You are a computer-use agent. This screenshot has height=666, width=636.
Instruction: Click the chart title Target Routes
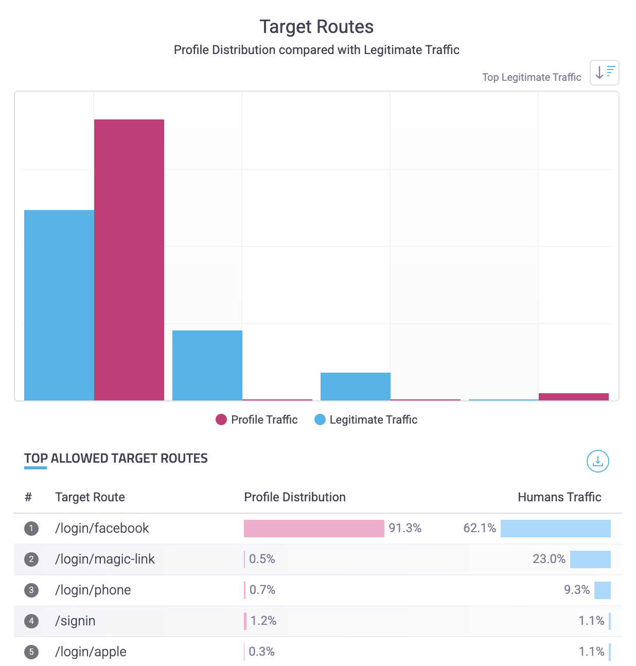click(316, 27)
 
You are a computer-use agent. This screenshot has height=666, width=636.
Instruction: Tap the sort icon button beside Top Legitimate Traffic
click(604, 73)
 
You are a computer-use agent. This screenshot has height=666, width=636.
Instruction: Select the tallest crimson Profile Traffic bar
click(129, 259)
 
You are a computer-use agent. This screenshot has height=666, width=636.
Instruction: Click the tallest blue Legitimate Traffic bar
click(59, 305)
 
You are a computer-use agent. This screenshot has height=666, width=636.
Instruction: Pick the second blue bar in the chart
click(207, 365)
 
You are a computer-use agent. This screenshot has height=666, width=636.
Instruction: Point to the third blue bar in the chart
click(356, 386)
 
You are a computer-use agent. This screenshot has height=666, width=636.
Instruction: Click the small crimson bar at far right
click(574, 396)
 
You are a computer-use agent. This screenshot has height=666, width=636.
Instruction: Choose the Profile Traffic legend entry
click(257, 419)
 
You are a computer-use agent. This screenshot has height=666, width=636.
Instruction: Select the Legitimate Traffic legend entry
click(366, 419)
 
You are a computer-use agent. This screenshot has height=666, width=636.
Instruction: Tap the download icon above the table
click(597, 461)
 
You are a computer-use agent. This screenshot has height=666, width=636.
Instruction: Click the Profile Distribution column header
click(295, 497)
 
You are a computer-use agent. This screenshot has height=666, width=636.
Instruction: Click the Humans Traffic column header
click(559, 497)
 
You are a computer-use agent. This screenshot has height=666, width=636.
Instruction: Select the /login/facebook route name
click(102, 528)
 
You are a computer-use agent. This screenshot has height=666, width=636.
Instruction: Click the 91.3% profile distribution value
click(405, 528)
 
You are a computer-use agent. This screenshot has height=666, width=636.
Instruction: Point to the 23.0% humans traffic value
click(549, 559)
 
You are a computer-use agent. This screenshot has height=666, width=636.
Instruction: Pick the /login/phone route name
click(93, 590)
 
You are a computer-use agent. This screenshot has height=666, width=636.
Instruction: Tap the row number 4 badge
click(31, 621)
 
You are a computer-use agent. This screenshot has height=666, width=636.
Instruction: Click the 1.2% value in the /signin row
click(263, 621)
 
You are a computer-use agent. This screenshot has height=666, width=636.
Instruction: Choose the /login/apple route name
click(91, 652)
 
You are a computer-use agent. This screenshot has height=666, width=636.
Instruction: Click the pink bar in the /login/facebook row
click(314, 529)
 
